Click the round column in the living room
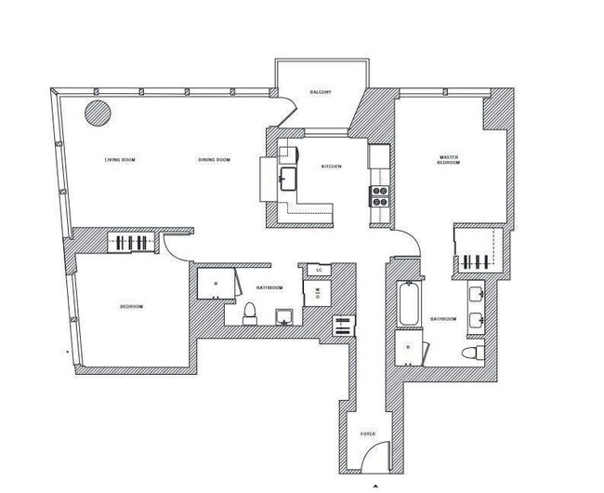(98, 113)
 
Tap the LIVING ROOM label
(121, 161)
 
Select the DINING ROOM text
(214, 161)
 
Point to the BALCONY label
(321, 92)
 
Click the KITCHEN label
(332, 167)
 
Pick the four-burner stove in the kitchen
(379, 194)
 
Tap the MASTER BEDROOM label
(450, 162)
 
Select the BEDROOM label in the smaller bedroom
(130, 307)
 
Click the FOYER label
(368, 434)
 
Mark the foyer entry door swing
(372, 456)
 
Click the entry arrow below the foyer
(374, 485)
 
